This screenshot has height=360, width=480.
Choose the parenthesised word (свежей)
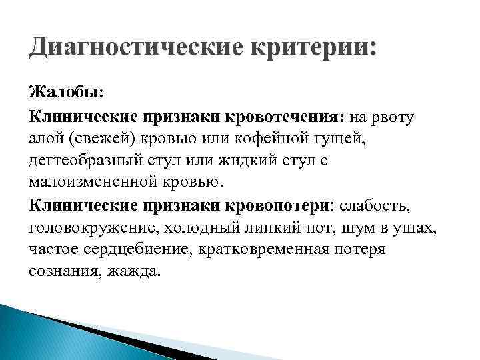(x=102, y=139)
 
